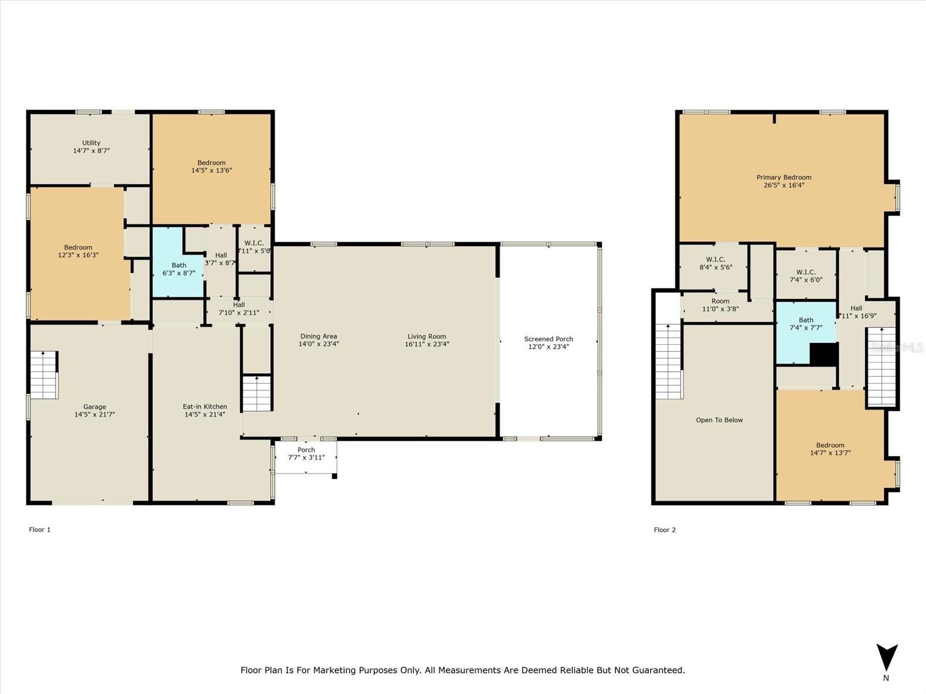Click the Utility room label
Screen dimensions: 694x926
click(91, 143)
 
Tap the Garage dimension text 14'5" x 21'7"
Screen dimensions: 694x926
click(94, 414)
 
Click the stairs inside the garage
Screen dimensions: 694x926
click(44, 374)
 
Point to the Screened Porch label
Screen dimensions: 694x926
click(548, 339)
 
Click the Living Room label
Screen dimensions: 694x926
click(427, 337)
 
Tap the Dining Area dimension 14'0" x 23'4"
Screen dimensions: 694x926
click(318, 344)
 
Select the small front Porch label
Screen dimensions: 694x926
click(306, 450)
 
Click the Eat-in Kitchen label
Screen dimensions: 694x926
click(205, 407)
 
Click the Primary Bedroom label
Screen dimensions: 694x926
click(784, 178)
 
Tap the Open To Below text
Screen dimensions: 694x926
click(719, 420)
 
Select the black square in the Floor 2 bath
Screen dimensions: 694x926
click(823, 354)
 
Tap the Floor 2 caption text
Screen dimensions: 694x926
click(664, 530)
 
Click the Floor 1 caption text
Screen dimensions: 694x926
click(40, 529)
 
